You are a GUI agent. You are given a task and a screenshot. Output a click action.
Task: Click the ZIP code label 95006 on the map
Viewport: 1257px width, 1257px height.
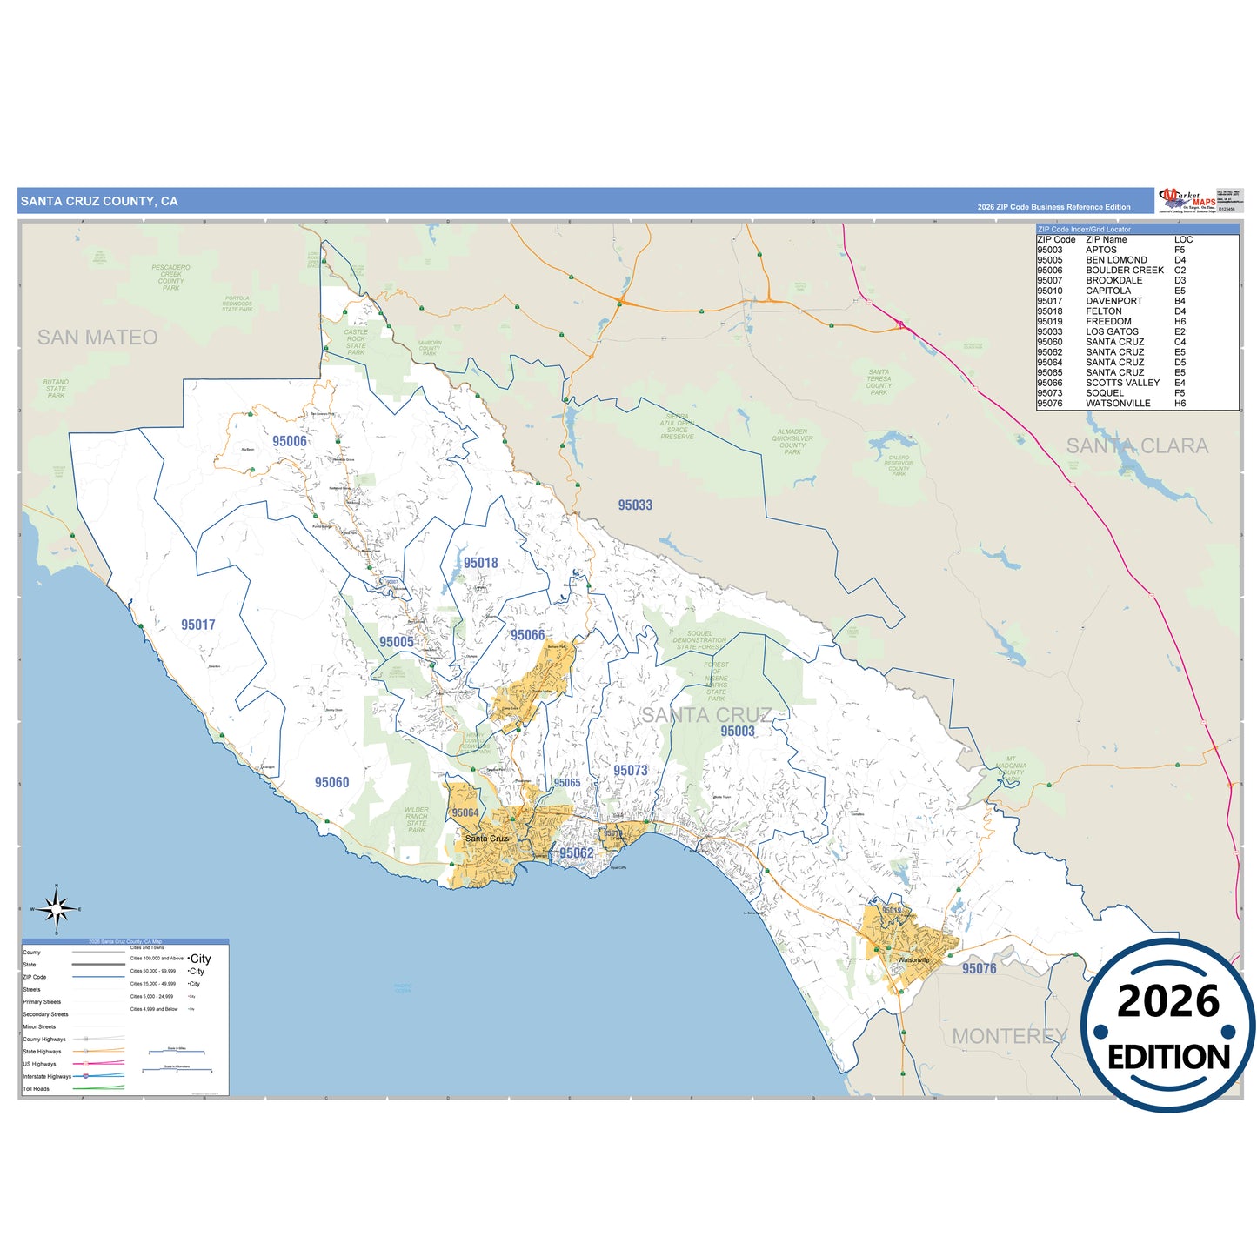pos(290,441)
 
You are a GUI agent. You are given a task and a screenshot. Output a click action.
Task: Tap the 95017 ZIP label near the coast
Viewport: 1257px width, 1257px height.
pos(198,625)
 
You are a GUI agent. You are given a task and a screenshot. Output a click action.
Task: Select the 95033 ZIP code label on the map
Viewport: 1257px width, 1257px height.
pos(635,505)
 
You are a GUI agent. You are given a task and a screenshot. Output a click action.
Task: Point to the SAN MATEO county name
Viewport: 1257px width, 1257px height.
pos(97,338)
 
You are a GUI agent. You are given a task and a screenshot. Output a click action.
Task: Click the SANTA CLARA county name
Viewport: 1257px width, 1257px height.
pos(1137,446)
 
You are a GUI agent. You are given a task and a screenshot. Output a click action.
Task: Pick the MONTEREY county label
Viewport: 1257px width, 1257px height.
pos(1009,1036)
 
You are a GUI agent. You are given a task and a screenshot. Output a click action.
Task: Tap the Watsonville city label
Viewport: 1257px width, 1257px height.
pos(913,960)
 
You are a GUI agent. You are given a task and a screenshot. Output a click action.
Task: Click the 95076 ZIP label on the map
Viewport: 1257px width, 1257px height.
pos(980,968)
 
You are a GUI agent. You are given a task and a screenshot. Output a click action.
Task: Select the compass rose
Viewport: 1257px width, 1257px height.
pos(57,910)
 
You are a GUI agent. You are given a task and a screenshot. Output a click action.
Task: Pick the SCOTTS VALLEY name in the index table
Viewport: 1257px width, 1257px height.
pos(1122,383)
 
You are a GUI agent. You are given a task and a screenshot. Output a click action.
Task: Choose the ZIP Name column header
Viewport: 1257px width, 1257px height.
pos(1106,239)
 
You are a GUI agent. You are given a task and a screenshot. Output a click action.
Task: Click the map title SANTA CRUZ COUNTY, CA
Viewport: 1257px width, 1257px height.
pos(99,201)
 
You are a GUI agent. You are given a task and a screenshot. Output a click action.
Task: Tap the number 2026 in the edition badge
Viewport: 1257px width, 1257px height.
pos(1168,1001)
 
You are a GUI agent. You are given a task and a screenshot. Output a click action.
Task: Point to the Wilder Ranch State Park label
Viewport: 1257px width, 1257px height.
pos(417,819)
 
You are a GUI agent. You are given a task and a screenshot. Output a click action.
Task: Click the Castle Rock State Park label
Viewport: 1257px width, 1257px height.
pos(356,342)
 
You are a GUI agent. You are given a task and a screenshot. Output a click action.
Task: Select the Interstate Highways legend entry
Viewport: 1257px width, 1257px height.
pos(47,1076)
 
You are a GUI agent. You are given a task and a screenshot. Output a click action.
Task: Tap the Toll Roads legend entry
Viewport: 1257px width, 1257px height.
pos(37,1088)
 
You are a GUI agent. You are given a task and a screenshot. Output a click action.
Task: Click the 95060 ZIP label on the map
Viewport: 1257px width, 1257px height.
pos(331,782)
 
